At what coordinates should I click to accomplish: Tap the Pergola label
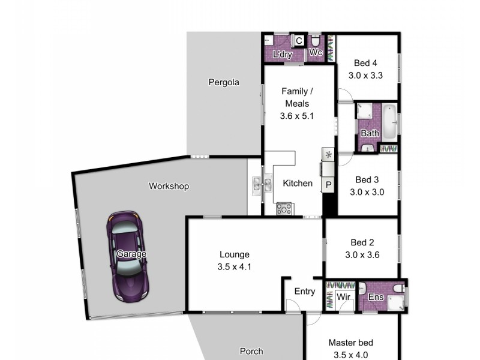224,82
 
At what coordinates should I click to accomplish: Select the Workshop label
169,187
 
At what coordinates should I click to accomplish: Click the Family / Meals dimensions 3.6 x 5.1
297,116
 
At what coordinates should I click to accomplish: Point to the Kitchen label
297,183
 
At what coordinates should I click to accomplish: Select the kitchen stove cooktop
284,209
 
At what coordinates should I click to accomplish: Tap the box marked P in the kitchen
329,185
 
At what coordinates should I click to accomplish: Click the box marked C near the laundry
298,41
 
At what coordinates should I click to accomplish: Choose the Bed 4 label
365,63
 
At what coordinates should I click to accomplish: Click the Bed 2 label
362,243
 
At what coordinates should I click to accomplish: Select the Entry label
304,292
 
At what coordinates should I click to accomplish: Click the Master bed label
350,343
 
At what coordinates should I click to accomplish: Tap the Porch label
251,352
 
